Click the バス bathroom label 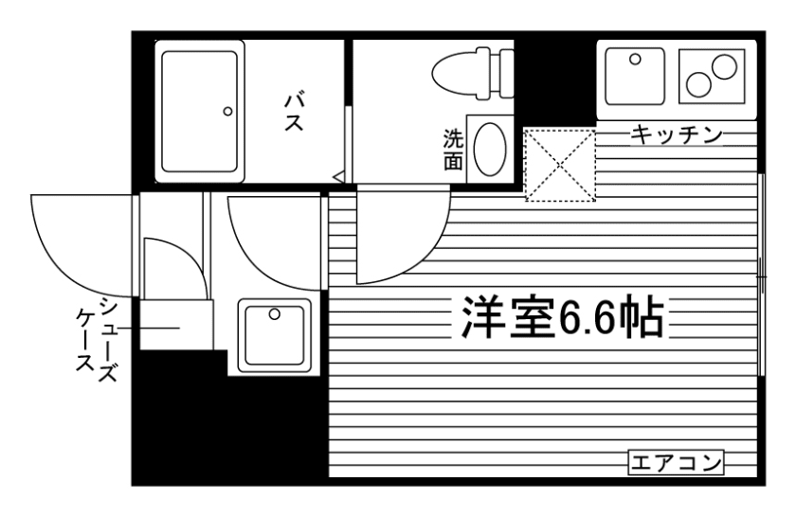[x=294, y=112]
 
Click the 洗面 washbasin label [x=454, y=150]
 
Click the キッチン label [x=675, y=135]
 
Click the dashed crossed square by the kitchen [x=561, y=165]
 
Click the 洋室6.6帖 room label [x=561, y=319]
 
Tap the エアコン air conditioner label [x=676, y=463]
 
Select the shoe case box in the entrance [x=174, y=328]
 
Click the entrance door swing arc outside [x=81, y=241]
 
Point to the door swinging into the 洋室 [x=398, y=237]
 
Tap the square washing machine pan [x=274, y=336]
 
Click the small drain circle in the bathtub [x=227, y=111]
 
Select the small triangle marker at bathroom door [x=337, y=175]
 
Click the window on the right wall [x=763, y=275]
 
